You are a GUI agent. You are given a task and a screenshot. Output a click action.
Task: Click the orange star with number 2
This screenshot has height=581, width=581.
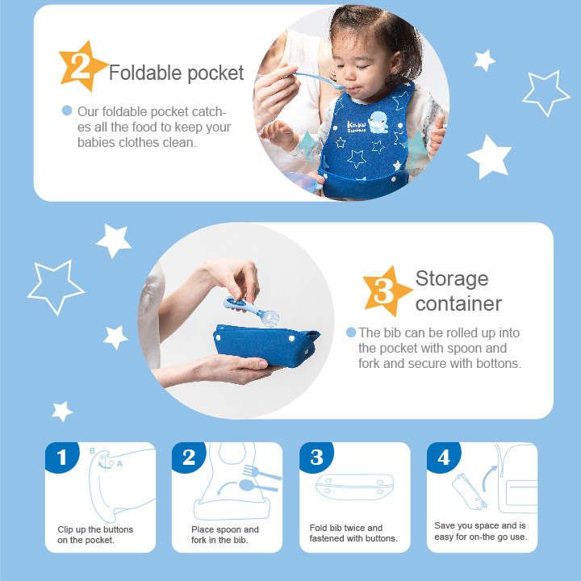[82, 67]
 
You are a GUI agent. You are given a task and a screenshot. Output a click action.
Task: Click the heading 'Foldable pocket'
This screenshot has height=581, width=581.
[176, 73]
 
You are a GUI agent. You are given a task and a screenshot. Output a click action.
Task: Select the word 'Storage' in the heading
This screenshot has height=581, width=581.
[452, 279]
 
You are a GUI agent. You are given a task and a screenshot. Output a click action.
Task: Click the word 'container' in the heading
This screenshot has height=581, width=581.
[458, 303]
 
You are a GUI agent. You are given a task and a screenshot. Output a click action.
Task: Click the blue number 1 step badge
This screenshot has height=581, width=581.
[62, 458]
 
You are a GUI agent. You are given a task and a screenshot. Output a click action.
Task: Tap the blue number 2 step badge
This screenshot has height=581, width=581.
[189, 458]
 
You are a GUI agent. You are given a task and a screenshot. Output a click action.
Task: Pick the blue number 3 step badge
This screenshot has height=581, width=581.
[316, 458]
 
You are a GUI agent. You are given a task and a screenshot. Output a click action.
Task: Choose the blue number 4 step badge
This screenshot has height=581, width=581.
[443, 458]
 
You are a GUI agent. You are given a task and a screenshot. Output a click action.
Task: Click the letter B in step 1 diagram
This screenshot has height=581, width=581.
[93, 451]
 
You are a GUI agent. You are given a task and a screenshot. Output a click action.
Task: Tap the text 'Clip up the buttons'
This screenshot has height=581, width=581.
[95, 529]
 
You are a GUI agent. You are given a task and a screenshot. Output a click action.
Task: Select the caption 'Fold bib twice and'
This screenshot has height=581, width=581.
[346, 528]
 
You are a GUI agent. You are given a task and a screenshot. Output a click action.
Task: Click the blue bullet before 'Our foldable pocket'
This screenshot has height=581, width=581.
[67, 111]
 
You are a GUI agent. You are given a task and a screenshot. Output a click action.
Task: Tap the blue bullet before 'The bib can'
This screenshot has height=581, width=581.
[351, 332]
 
